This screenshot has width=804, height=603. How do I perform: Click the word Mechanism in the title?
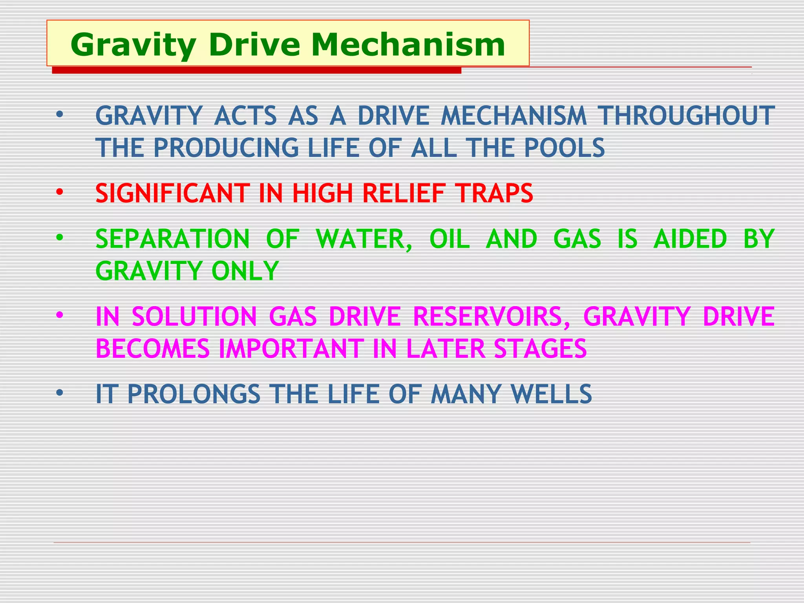coord(408,45)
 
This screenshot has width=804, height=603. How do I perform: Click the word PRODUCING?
coord(226,148)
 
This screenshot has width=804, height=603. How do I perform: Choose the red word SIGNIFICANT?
coord(172,193)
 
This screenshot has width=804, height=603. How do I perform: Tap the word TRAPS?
coord(494,193)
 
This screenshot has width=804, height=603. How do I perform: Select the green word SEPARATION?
coord(172,239)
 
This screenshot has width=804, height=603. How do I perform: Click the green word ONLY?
coord(245,271)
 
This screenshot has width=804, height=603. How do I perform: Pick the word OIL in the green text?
coord(450,239)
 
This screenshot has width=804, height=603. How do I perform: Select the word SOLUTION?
coord(194,316)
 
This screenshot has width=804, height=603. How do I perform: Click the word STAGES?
coord(540,349)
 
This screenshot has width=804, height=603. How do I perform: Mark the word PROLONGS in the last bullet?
coord(194,394)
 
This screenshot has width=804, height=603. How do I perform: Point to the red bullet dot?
coord(59,192)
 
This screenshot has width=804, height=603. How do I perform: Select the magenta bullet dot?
coord(59,315)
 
